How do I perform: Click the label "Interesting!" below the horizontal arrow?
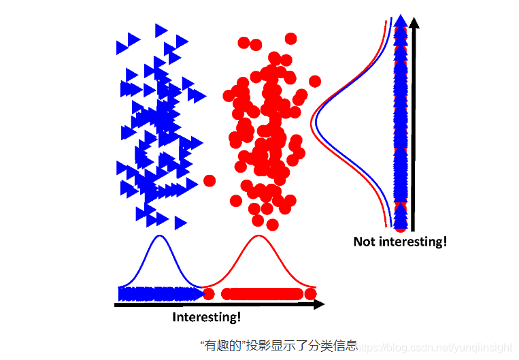pos(206,317)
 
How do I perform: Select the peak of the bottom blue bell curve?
pos(159,236)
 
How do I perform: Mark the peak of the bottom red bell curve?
pos(258,236)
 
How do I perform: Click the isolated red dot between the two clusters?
pos(210,180)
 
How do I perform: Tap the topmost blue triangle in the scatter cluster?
pos(161,30)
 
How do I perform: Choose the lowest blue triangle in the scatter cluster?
pos(180,223)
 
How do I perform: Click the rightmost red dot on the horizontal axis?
pos(311,293)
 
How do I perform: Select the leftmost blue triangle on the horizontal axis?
pos(123,293)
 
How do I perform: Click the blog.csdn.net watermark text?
pos(435,347)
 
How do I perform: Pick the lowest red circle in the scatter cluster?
pos(273,225)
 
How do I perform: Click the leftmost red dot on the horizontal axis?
pos(210,293)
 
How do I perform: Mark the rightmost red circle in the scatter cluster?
pos(315,82)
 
